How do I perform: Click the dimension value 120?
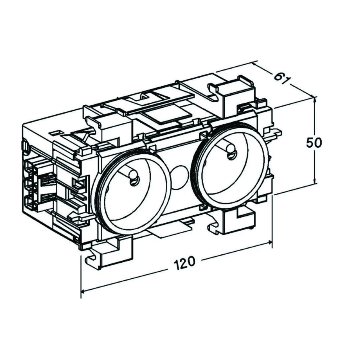[x=184, y=263]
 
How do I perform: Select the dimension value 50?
[x=314, y=142]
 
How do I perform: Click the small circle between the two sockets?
[x=178, y=173]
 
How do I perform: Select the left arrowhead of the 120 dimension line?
[x=84, y=289]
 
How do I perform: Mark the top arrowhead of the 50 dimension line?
[x=314, y=99]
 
